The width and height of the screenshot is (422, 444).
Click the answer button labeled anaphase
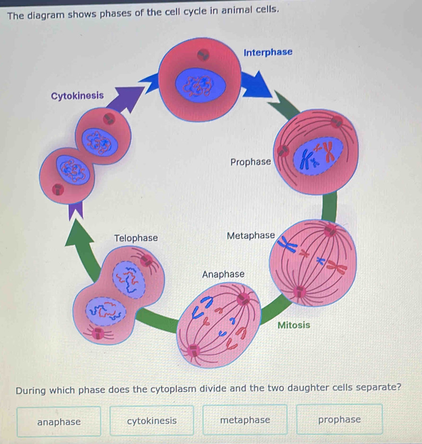pyautogui.click(x=59, y=421)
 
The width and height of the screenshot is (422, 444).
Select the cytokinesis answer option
pyautogui.click(x=152, y=421)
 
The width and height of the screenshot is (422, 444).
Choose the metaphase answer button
pyautogui.click(x=245, y=420)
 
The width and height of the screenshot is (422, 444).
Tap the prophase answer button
pyautogui.click(x=339, y=420)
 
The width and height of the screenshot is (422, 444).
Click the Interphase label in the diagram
pyautogui.click(x=268, y=52)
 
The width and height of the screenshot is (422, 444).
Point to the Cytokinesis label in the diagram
pyautogui.click(x=77, y=95)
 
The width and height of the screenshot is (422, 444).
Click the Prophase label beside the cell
pyautogui.click(x=251, y=162)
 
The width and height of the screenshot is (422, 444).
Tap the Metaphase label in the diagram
pyautogui.click(x=250, y=236)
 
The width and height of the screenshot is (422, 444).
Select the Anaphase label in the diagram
pyautogui.click(x=223, y=274)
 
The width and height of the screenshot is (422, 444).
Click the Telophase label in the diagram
pyautogui.click(x=136, y=238)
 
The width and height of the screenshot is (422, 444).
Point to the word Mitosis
pyautogui.click(x=294, y=325)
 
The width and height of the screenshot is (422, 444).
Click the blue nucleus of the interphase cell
pyautogui.click(x=200, y=86)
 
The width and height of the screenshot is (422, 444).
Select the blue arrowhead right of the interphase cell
pyautogui.click(x=257, y=85)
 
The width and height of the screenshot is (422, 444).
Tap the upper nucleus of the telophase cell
pyautogui.click(x=129, y=279)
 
